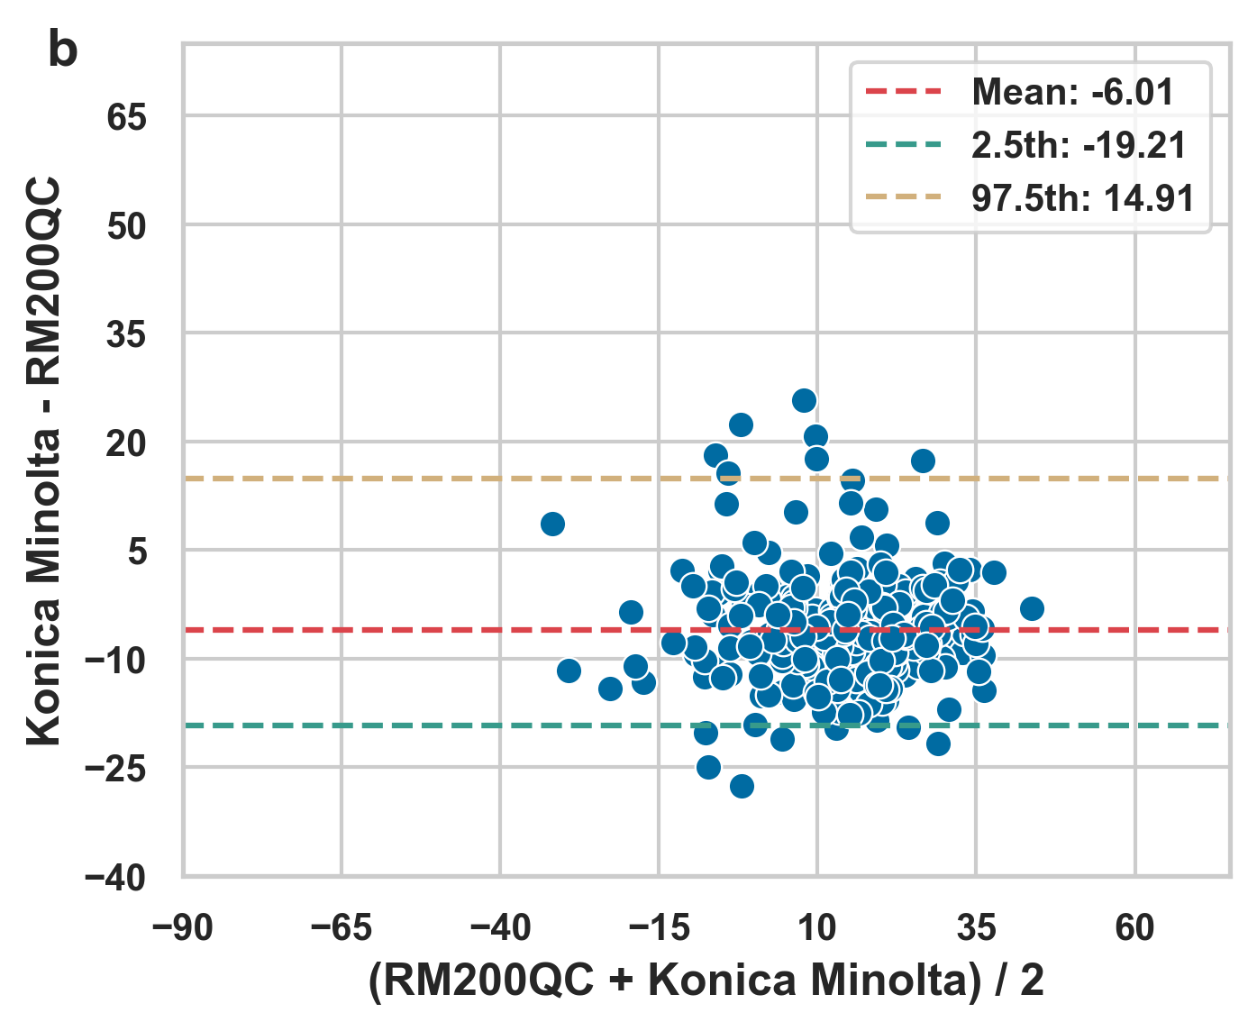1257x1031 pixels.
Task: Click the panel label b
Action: (62, 51)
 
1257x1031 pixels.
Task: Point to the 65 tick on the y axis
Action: (126, 117)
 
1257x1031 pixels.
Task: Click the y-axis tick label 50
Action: (126, 226)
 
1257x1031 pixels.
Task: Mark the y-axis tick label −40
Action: (115, 878)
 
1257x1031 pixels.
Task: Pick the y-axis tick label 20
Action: (126, 443)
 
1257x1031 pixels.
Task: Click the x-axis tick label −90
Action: (183, 927)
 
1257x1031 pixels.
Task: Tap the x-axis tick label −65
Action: (342, 927)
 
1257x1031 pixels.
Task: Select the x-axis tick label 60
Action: (1134, 927)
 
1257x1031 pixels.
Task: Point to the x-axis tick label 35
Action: (976, 927)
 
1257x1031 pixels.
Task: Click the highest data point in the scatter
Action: (804, 400)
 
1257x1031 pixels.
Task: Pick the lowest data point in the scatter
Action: (742, 786)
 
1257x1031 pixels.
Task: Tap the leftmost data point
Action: (552, 524)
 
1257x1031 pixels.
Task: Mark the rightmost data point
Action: (1032, 608)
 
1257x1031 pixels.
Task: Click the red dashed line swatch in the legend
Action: (903, 92)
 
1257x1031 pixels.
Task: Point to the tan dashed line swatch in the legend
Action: (903, 198)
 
